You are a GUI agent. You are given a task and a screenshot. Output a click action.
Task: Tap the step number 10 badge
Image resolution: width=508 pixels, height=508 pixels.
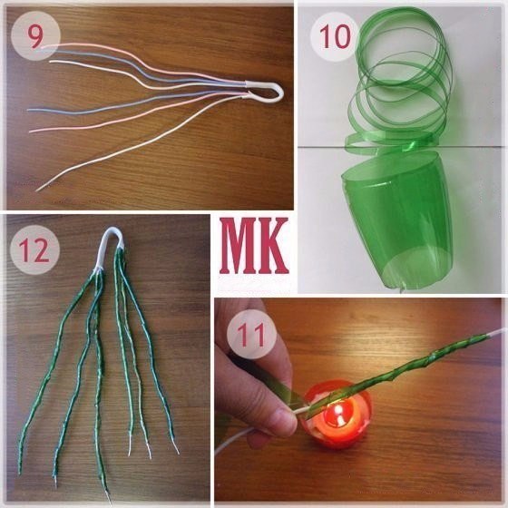tap(331, 37)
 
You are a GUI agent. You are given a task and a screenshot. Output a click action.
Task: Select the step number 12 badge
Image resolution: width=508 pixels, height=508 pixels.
tap(35, 248)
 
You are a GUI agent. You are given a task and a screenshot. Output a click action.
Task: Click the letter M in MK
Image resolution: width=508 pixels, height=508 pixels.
tap(239, 247)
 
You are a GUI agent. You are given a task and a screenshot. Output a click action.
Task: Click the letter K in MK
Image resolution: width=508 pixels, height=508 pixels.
tap(273, 247)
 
